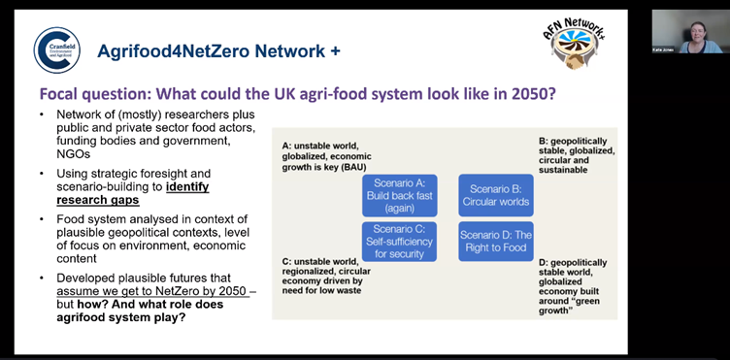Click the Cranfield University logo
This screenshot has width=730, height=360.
point(56,49)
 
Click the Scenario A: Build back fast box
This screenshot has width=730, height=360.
point(399,196)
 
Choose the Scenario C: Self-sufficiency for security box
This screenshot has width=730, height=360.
point(399,242)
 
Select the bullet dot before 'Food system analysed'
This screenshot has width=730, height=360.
point(43,218)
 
